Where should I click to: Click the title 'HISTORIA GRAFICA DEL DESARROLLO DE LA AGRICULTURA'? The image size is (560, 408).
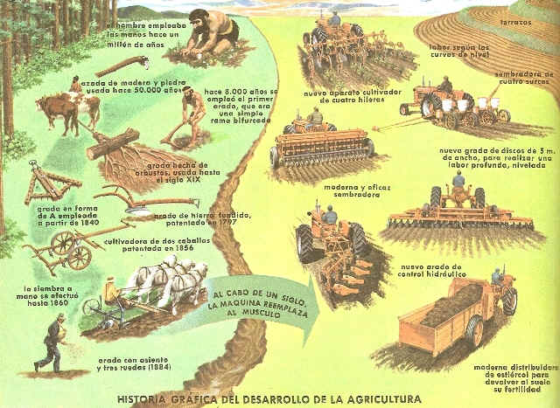(x=280, y=399)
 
